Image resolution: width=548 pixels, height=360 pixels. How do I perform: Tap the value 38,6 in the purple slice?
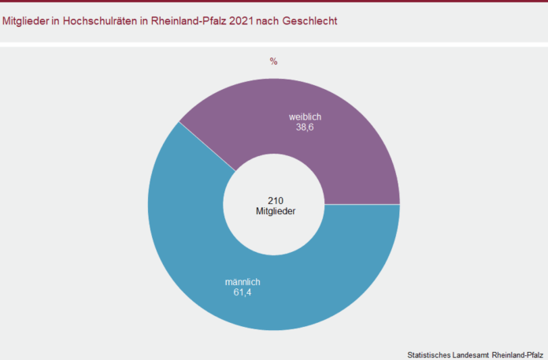[x=305, y=128]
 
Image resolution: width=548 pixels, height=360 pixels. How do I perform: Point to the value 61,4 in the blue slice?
[x=242, y=293]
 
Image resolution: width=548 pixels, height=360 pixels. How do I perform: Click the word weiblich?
[x=305, y=117]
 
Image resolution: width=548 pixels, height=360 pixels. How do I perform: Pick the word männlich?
[x=243, y=282]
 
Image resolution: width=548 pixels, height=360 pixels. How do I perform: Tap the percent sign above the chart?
[x=274, y=61]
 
